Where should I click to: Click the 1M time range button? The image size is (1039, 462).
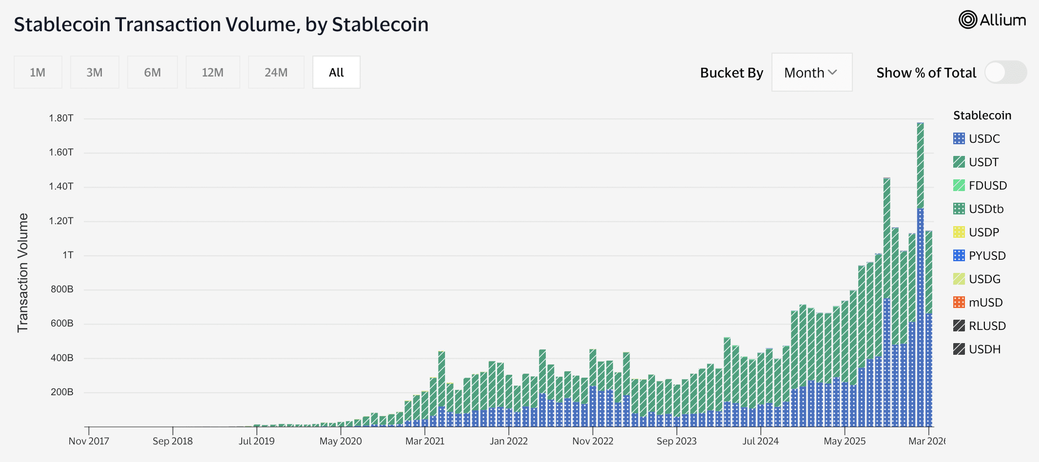coord(38,73)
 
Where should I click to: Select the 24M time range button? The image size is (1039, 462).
coord(276,73)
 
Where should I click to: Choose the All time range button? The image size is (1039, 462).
coord(336,73)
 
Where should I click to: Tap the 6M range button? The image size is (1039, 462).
coord(152,73)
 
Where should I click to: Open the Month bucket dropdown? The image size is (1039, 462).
coord(811,73)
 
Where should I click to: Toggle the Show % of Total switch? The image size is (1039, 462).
coord(1005,73)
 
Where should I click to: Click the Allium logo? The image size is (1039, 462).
coord(992,20)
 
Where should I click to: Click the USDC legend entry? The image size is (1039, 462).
coord(984,139)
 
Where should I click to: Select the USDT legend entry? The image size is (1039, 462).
coord(983,162)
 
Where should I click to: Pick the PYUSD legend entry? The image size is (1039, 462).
coord(987,256)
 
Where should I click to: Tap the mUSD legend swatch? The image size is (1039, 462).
coord(959,302)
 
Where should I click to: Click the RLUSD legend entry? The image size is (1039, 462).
coord(987,326)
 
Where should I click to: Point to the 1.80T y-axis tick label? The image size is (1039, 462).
coord(61,118)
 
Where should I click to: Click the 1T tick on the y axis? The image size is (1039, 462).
coord(68,255)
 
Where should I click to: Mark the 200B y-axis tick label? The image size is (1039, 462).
coord(62,392)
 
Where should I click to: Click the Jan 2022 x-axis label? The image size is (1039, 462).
coord(508,441)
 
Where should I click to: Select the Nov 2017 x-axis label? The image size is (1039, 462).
coord(89,441)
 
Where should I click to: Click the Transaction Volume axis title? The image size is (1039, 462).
coord(22,273)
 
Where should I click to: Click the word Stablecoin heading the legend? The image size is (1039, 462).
coord(982,115)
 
